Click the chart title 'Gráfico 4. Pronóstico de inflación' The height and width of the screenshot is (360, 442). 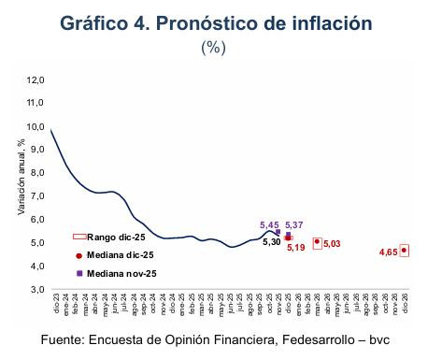(221, 22)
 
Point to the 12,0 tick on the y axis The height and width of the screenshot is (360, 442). (36, 80)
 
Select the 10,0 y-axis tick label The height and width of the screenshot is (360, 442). (36, 127)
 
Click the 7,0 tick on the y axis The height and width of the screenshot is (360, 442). (36, 196)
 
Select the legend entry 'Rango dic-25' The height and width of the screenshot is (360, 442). (113, 238)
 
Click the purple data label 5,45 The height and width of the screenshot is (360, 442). (268, 225)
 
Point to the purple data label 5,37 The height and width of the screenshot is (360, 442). (295, 225)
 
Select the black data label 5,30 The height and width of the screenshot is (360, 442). (272, 242)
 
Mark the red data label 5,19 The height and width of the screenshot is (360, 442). (296, 249)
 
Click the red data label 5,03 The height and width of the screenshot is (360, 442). (333, 244)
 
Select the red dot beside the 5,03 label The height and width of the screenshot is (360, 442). (318, 242)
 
